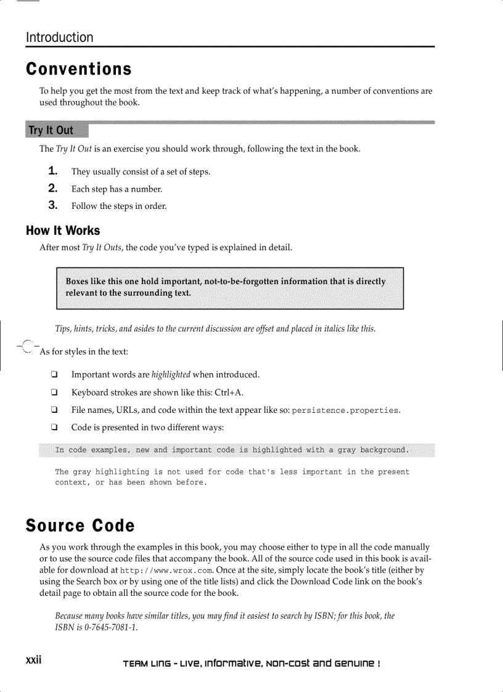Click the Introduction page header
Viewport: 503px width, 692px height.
click(60, 38)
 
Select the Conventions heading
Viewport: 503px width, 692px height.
click(79, 68)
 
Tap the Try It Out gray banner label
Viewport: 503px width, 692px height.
click(51, 130)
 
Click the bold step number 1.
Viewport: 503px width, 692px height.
click(54, 171)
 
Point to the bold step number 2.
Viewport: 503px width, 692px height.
click(54, 188)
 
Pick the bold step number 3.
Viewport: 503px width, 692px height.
click(54, 205)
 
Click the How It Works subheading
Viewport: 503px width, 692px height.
click(63, 230)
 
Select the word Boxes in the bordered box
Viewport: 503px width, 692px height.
click(79, 282)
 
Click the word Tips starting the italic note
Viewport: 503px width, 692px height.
click(64, 328)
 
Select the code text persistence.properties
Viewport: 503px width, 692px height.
click(345, 410)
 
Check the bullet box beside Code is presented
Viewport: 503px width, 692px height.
click(54, 427)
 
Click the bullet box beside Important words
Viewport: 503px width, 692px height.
click(54, 375)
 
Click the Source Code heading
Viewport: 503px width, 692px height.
click(80, 526)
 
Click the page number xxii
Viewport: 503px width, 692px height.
click(33, 660)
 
